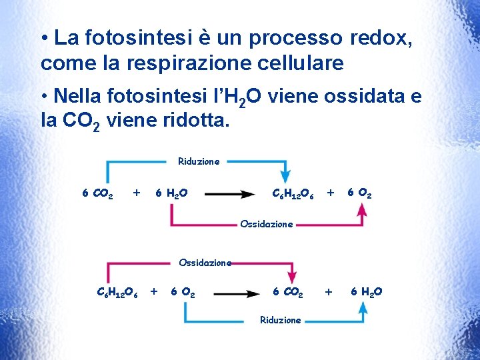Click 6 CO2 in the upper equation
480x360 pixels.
(97, 194)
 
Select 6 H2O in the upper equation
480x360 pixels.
(171, 194)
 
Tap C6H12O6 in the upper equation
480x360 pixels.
(294, 194)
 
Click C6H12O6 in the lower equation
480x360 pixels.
(117, 292)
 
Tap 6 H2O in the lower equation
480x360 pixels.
(366, 292)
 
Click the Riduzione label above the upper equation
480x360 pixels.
(199, 161)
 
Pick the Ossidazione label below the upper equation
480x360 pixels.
(266, 224)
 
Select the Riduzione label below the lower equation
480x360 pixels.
(281, 320)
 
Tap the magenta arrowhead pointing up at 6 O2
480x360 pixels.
(361, 209)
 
